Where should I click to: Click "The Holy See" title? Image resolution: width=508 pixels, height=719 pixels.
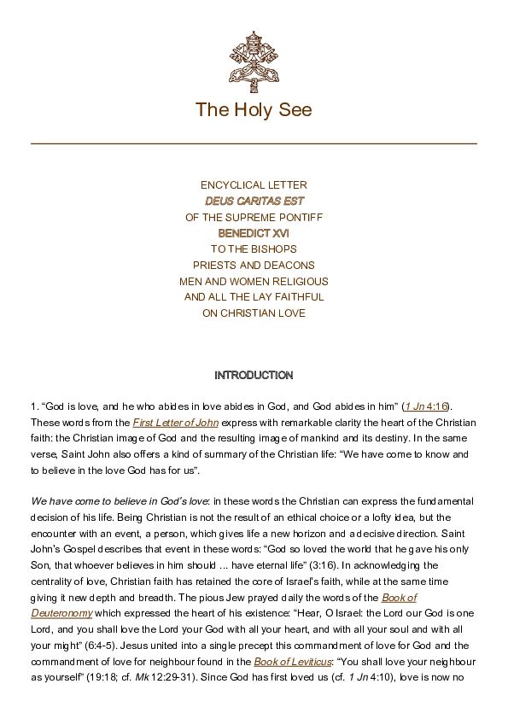tap(254, 109)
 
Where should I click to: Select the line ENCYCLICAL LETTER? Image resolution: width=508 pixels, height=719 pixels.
tap(254, 185)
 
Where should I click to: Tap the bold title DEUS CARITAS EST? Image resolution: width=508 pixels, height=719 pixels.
tap(254, 202)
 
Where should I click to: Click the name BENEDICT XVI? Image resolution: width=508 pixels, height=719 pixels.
tap(254, 233)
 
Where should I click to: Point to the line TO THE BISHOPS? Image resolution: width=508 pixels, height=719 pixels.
tap(254, 249)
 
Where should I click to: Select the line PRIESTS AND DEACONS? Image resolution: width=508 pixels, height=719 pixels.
tap(254, 266)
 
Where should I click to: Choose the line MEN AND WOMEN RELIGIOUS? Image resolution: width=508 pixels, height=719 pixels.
tap(254, 282)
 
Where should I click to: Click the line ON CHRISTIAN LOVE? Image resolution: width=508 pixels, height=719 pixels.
tap(254, 313)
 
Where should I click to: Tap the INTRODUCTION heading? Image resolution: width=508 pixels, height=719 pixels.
tap(254, 376)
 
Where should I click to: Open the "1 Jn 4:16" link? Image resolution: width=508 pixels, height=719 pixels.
tap(427, 406)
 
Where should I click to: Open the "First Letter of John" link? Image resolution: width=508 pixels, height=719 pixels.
tap(176, 423)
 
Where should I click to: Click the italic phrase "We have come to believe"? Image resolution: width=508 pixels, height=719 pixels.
tap(85, 501)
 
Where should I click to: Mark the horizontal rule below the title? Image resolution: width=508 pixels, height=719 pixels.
tap(254, 143)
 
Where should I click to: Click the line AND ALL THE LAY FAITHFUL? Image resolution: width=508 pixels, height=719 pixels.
tap(254, 297)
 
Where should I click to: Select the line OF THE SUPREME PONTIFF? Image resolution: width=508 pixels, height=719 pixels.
tap(254, 218)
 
